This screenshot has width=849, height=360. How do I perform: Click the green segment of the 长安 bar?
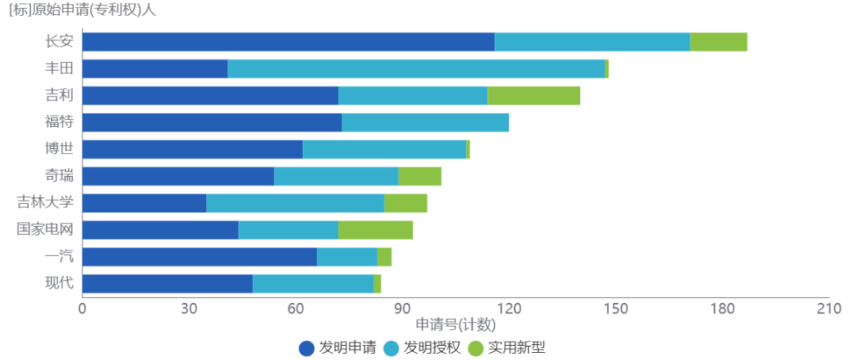(x=718, y=42)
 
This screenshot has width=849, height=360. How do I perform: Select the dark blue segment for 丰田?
(x=155, y=69)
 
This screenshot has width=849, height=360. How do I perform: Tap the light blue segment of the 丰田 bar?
(x=416, y=69)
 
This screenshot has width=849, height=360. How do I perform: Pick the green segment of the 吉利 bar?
(x=533, y=96)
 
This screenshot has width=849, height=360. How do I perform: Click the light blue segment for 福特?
(x=425, y=123)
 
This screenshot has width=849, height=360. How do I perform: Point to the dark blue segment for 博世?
(x=193, y=149)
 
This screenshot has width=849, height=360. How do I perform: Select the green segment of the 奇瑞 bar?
(x=419, y=176)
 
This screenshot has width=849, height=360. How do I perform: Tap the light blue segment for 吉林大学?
(x=295, y=203)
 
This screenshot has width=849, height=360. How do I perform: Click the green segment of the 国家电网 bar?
(x=376, y=230)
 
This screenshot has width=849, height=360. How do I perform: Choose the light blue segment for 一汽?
(x=346, y=257)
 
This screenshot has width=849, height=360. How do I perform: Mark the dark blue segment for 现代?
(x=167, y=284)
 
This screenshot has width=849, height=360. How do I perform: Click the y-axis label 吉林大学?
(x=45, y=203)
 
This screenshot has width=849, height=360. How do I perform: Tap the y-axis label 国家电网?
(x=45, y=230)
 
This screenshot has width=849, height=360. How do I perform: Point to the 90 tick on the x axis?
(x=402, y=308)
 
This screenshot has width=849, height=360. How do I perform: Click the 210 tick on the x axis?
(x=828, y=308)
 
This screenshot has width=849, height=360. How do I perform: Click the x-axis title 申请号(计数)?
(x=455, y=324)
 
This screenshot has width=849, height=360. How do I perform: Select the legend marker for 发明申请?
(x=307, y=347)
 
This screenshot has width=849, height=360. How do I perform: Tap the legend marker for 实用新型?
(x=476, y=347)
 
